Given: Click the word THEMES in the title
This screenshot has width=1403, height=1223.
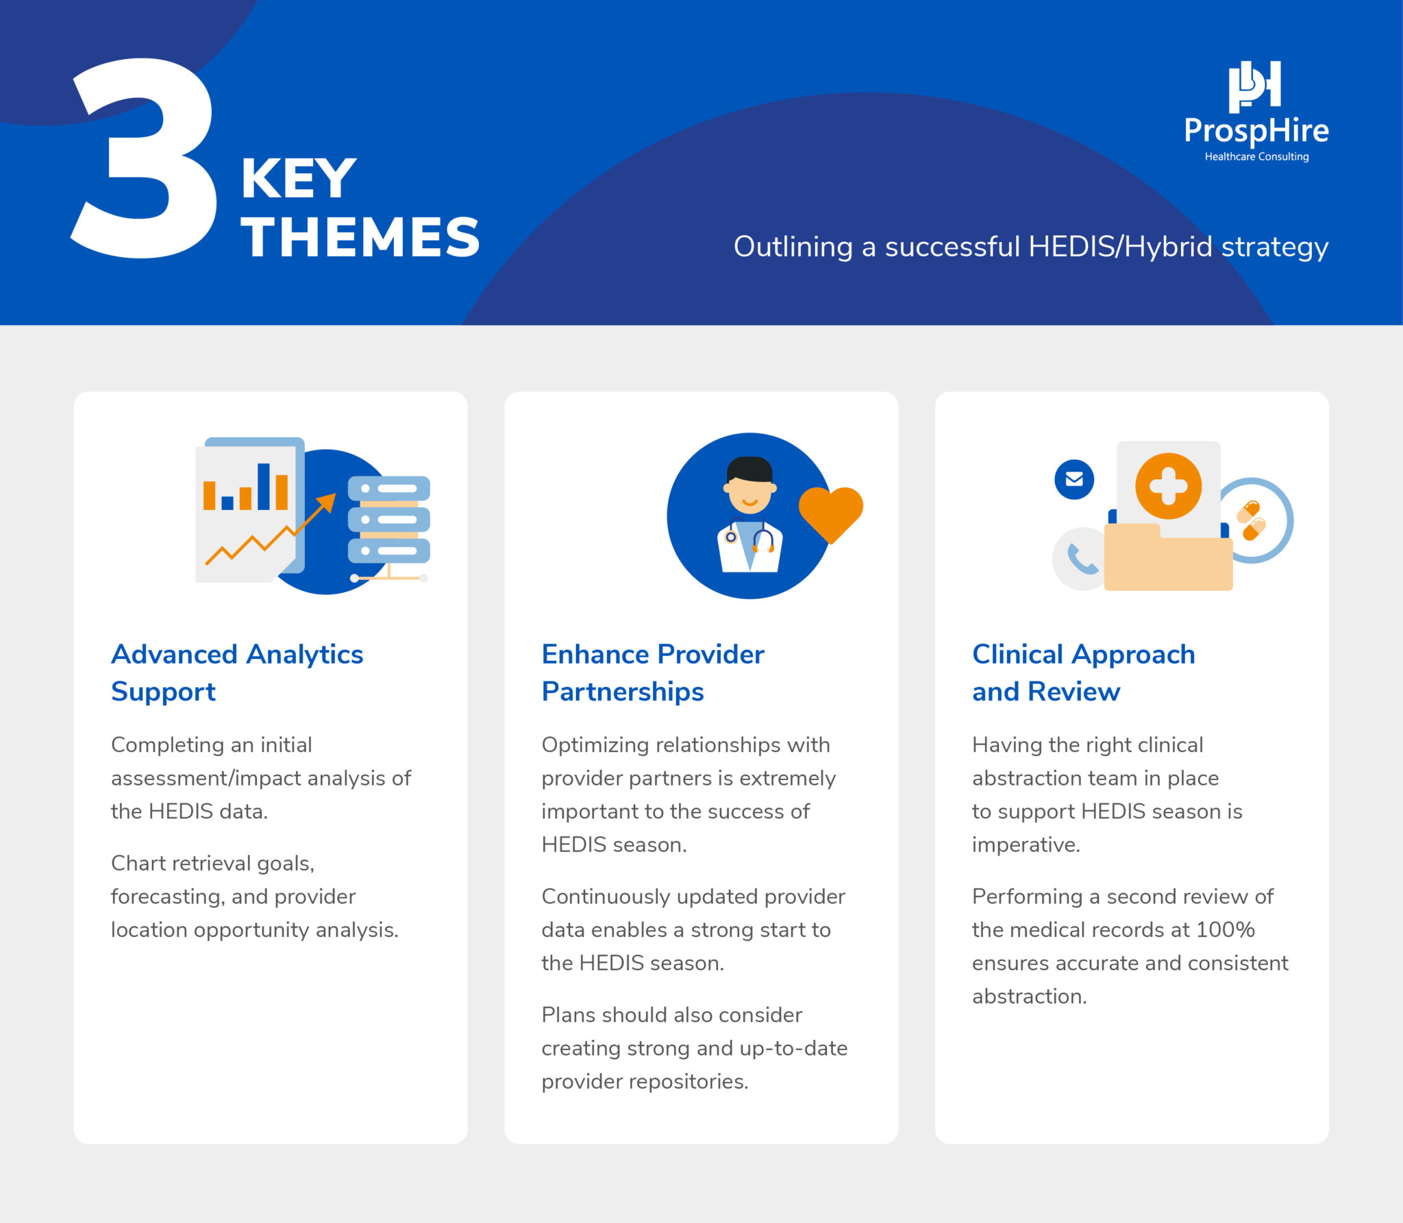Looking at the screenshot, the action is tap(360, 237).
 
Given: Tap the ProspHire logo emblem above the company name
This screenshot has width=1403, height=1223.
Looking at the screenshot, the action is tap(1254, 86).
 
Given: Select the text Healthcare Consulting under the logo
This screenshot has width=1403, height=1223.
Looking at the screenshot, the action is tap(1256, 157).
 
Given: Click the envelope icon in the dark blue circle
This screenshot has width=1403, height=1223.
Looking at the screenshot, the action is tap(1074, 479).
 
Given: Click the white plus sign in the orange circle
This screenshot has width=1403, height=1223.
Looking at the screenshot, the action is tap(1168, 486).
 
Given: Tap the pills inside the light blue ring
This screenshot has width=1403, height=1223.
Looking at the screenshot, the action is tap(1252, 520).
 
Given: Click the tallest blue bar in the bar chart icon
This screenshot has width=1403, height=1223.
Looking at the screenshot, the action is tap(263, 486).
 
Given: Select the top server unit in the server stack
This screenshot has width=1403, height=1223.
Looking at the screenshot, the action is tap(389, 489).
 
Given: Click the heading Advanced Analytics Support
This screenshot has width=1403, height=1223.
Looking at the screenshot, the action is tap(237, 673).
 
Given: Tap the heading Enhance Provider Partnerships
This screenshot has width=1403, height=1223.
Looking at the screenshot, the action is tap(653, 673).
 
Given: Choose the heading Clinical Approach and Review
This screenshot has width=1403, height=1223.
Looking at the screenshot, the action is tap(1084, 673).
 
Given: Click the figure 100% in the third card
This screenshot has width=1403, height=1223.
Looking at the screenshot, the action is tap(1226, 930).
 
